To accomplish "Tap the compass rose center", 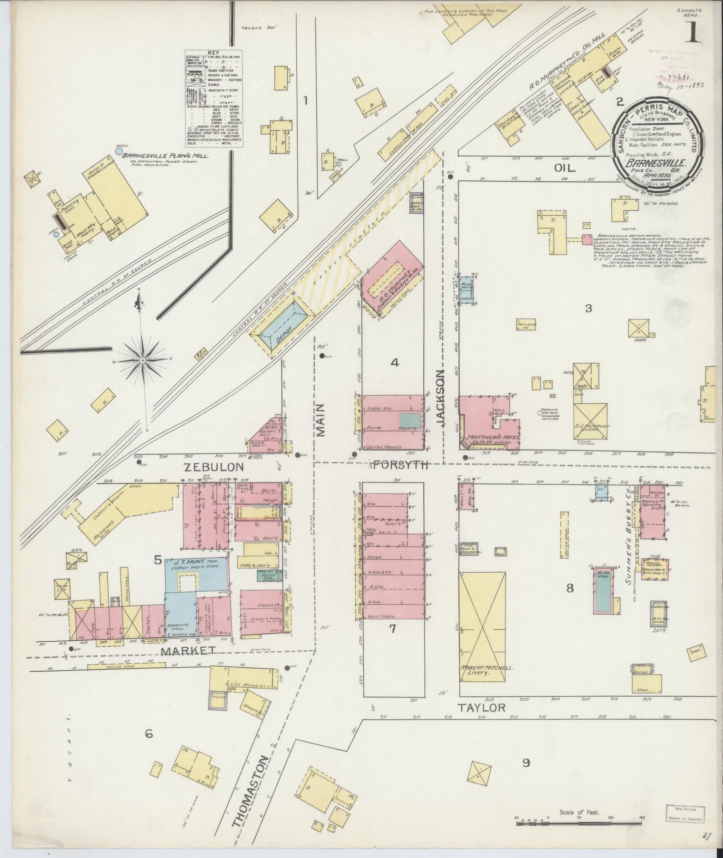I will (143, 360).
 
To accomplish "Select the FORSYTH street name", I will (401, 465).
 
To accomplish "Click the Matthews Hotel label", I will (493, 437).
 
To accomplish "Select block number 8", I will (569, 588).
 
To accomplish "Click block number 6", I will (148, 734).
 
